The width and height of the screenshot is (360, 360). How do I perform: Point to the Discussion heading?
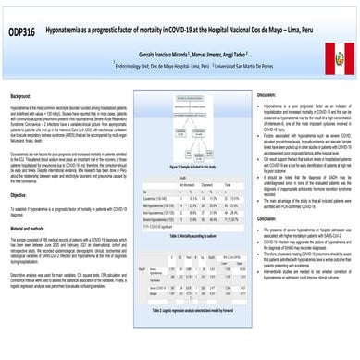point(266,95)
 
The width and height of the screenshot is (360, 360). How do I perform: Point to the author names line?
point(181,56)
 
